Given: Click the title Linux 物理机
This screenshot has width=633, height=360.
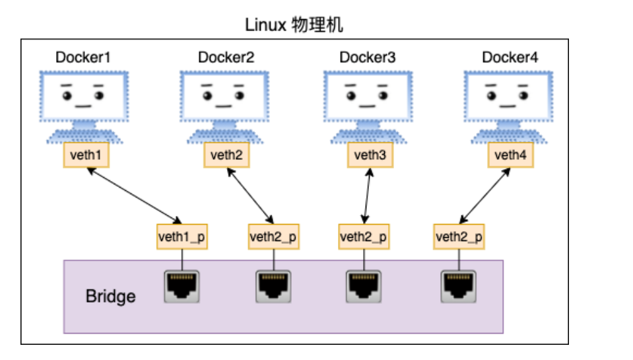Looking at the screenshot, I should [294, 26].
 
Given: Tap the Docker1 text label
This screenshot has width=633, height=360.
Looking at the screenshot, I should [83, 57].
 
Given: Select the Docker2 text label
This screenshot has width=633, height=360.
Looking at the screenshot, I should [226, 57].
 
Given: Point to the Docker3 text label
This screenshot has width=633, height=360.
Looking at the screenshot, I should [368, 57].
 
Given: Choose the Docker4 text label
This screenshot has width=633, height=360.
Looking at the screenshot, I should [510, 57].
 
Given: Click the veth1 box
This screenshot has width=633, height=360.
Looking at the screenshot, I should [85, 155].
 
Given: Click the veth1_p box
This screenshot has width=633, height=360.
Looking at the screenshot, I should [182, 236].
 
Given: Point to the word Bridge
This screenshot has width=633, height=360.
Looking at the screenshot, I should [111, 296].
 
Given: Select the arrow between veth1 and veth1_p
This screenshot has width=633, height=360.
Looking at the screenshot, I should [133, 196].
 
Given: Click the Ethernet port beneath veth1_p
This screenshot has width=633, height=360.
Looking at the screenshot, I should [182, 286].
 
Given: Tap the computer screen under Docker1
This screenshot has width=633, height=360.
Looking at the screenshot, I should [84, 97].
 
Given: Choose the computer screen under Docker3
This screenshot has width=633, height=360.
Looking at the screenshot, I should [368, 97].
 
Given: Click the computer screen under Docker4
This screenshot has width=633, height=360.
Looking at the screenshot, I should [510, 97].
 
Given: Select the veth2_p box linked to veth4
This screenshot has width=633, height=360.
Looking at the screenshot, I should [459, 236].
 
